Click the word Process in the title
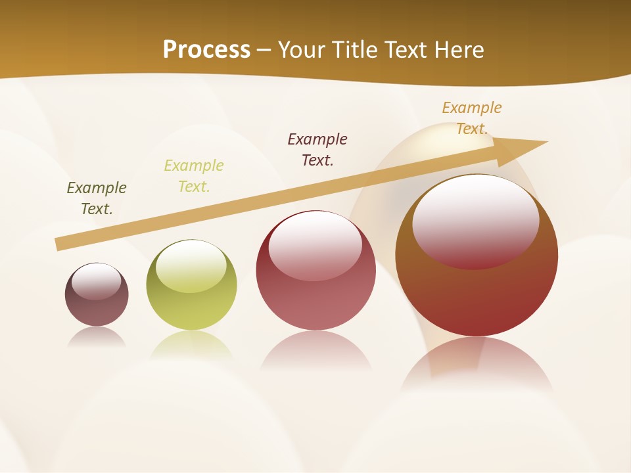206,50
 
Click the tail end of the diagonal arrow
59,244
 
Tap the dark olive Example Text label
97,198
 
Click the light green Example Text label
194,176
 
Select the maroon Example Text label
317,150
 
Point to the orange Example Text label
472,118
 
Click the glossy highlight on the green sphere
191,266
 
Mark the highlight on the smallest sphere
96,282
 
